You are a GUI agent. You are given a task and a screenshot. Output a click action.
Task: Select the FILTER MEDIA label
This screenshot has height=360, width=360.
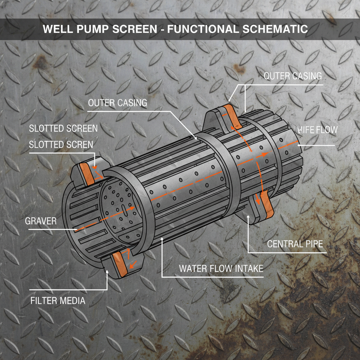58,301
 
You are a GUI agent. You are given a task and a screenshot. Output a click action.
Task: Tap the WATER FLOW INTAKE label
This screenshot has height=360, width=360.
221,269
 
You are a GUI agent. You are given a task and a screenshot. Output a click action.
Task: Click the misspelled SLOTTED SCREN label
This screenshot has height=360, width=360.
61,144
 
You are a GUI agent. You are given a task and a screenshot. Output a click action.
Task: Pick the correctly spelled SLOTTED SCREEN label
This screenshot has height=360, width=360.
63,128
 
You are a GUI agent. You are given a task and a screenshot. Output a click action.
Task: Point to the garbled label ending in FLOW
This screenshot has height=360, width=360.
317,130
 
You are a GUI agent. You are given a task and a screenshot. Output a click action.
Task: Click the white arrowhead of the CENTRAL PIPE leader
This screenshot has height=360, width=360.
248,217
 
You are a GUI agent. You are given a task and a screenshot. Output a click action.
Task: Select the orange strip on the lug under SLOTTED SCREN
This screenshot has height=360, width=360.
87,174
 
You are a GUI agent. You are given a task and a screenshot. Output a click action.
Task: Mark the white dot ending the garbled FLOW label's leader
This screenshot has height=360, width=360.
298,145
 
